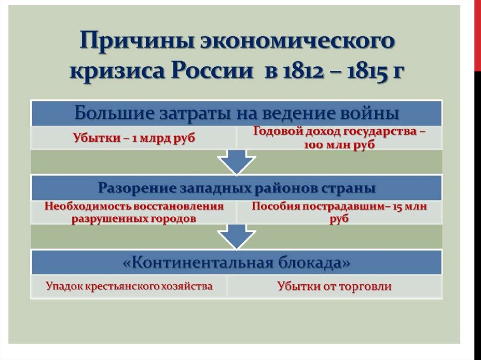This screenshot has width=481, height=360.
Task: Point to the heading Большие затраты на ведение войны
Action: tap(237, 113)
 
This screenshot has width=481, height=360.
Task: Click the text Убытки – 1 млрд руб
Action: tap(133, 138)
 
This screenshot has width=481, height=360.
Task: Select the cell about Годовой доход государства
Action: tap(339, 138)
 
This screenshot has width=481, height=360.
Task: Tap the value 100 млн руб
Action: tap(339, 145)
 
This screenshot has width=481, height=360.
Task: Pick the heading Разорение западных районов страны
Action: tap(237, 188)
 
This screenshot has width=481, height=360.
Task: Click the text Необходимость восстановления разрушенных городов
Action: tap(133, 213)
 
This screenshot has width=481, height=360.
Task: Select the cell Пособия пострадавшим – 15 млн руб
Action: tap(339, 213)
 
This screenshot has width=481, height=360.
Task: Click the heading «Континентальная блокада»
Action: tap(237, 262)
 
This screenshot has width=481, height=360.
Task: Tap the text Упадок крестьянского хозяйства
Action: tap(129, 286)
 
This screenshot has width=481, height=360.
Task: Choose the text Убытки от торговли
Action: tap(334, 286)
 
